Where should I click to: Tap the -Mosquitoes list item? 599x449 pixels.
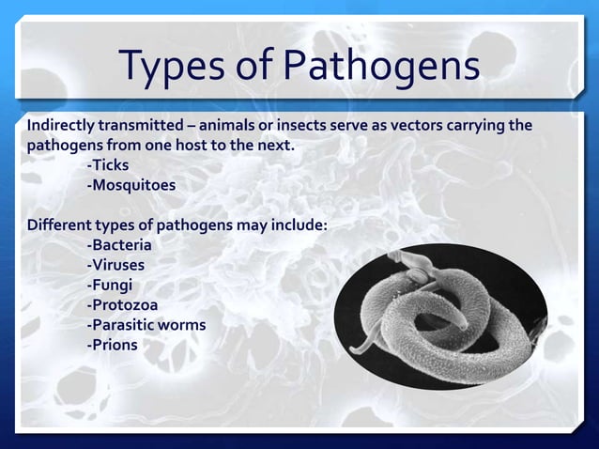pyautogui.click(x=131, y=185)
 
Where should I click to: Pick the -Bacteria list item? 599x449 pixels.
pyautogui.click(x=119, y=246)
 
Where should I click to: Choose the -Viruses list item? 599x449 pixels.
pyautogui.click(x=115, y=265)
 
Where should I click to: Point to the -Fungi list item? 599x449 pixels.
pyautogui.click(x=109, y=285)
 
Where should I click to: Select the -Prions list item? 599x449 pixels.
pyautogui.click(x=112, y=345)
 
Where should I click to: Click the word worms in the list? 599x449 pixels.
pyautogui.click(x=183, y=325)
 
